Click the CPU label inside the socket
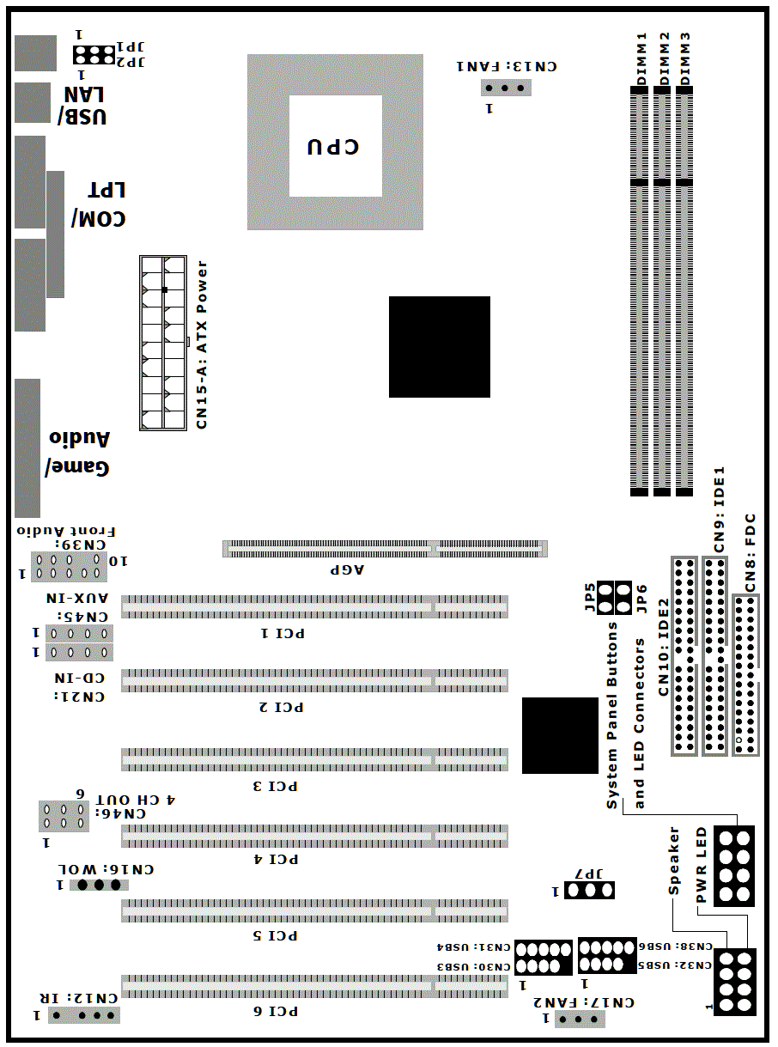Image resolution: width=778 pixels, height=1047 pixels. click(x=333, y=147)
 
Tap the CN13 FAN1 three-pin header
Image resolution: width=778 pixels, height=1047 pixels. click(x=506, y=88)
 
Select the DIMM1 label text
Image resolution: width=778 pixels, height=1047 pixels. click(x=641, y=58)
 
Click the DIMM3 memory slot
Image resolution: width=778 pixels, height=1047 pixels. click(x=684, y=291)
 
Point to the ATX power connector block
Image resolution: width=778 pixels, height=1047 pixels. click(x=163, y=344)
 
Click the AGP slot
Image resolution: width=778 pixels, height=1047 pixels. click(x=385, y=549)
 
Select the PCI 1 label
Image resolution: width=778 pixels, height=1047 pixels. click(x=283, y=633)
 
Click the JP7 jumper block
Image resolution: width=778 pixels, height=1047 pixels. click(x=589, y=890)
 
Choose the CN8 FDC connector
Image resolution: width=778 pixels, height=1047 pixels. click(x=745, y=675)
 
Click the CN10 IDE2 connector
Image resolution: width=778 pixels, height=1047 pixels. click(x=684, y=655)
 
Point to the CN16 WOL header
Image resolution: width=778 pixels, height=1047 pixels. click(x=99, y=885)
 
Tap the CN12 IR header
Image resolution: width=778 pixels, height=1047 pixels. click(x=84, y=1015)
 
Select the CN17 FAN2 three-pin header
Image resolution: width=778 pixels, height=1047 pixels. click(x=580, y=1019)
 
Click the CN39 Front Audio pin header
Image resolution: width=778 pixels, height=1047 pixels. click(x=69, y=567)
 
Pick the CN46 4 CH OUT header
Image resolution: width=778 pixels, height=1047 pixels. click(x=64, y=816)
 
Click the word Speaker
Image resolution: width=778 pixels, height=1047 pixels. click(x=674, y=861)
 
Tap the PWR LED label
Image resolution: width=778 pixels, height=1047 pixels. click(x=701, y=864)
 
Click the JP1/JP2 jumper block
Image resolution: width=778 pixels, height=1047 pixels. click(x=94, y=55)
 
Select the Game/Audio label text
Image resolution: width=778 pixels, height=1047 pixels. click(x=78, y=453)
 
